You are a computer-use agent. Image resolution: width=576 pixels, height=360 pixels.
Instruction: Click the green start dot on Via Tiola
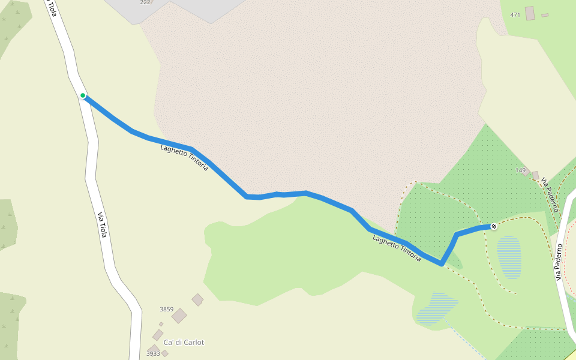click(x=83, y=95)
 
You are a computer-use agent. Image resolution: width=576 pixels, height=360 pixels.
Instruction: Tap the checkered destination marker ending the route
click(x=493, y=226)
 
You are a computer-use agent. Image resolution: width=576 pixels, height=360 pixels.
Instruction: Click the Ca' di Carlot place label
click(x=184, y=343)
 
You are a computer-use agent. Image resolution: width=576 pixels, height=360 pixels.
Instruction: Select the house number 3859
click(x=166, y=310)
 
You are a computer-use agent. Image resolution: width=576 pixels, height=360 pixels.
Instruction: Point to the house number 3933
click(x=153, y=354)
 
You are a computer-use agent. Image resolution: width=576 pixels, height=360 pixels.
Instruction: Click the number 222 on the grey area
click(x=145, y=2)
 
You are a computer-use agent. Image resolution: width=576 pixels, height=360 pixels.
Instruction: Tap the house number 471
click(x=515, y=14)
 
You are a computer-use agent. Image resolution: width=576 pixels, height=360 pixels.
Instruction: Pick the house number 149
click(x=520, y=170)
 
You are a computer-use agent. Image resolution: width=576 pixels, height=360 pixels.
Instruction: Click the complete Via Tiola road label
click(x=101, y=224)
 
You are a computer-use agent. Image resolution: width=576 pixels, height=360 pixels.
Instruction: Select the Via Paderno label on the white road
click(x=559, y=262)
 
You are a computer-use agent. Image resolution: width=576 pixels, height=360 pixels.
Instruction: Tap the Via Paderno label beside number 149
click(x=550, y=194)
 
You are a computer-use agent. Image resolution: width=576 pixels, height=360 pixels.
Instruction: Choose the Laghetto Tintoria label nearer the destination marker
click(x=397, y=248)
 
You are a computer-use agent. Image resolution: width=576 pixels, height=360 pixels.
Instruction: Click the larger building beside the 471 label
click(x=530, y=13)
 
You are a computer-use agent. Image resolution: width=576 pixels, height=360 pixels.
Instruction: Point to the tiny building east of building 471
click(x=545, y=15)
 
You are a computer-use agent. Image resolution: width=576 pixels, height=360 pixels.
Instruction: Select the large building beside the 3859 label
click(x=179, y=316)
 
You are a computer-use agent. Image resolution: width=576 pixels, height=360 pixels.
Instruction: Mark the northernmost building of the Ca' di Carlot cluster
click(x=197, y=299)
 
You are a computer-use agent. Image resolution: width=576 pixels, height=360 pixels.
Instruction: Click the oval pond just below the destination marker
click(x=509, y=257)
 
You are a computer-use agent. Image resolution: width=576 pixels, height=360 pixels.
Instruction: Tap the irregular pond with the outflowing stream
click(x=436, y=308)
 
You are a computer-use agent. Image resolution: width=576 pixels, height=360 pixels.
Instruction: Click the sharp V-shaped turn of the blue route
click(x=442, y=263)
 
